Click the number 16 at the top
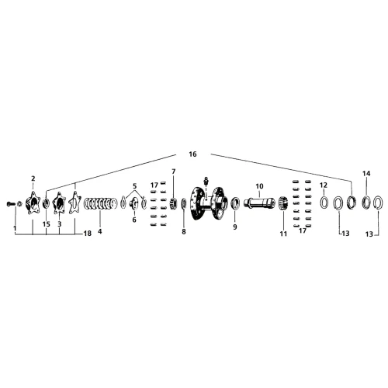[x=192, y=154]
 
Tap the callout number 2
[x=33, y=178]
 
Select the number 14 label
[x=366, y=173]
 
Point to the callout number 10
[x=259, y=186]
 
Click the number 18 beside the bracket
[x=88, y=234]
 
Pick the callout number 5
[x=134, y=186]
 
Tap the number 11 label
[x=283, y=234]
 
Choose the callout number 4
[x=100, y=231]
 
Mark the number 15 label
[x=47, y=224]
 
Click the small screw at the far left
[x=9, y=204]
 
